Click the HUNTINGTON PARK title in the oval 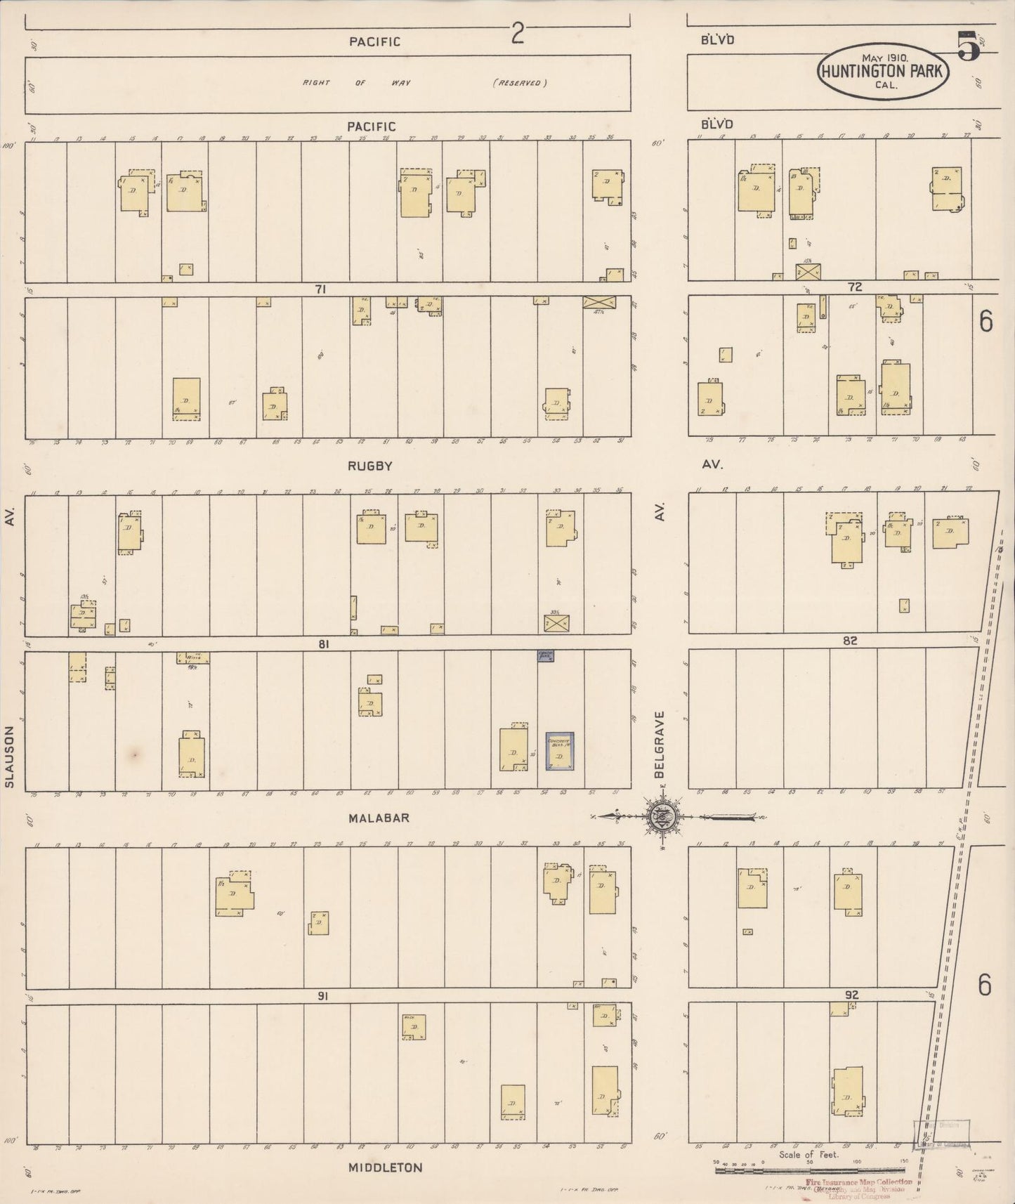[x=882, y=71]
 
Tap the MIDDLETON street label [x=386, y=1167]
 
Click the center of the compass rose [x=662, y=816]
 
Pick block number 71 [x=320, y=289]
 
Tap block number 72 [x=855, y=287]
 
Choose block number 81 [x=323, y=643]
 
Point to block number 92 [x=852, y=995]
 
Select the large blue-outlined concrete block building [x=560, y=752]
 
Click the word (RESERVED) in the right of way [x=520, y=83]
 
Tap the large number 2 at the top [x=517, y=34]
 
